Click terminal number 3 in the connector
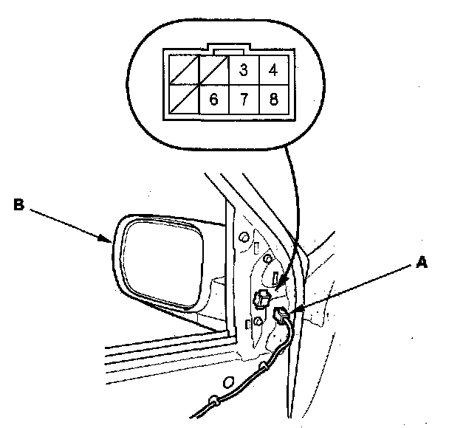pyautogui.click(x=242, y=71)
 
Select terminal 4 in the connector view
pyautogui.click(x=273, y=71)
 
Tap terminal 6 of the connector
pyautogui.click(x=213, y=99)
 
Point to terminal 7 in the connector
pyautogui.click(x=242, y=99)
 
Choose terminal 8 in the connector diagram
pyautogui.click(x=273, y=99)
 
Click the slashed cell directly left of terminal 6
pyautogui.click(x=183, y=99)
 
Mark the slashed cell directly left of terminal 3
pyautogui.click(x=213, y=71)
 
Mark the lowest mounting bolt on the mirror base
pyautogui.click(x=257, y=322)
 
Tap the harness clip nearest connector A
pyautogui.click(x=264, y=367)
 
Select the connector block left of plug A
pyautogui.click(x=259, y=297)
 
